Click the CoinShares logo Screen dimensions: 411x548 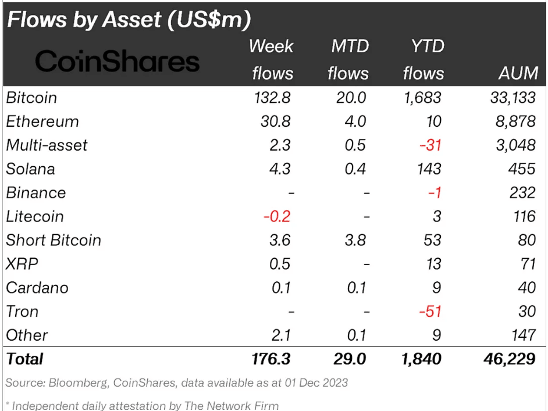[117, 60]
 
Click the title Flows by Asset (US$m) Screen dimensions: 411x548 [129, 20]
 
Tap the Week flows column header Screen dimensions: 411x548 [272, 60]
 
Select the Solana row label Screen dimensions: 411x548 [31, 169]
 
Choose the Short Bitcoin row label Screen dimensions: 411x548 [54, 240]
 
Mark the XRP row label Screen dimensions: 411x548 [22, 264]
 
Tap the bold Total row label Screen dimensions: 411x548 [24, 359]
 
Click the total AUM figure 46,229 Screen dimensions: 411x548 [509, 359]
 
